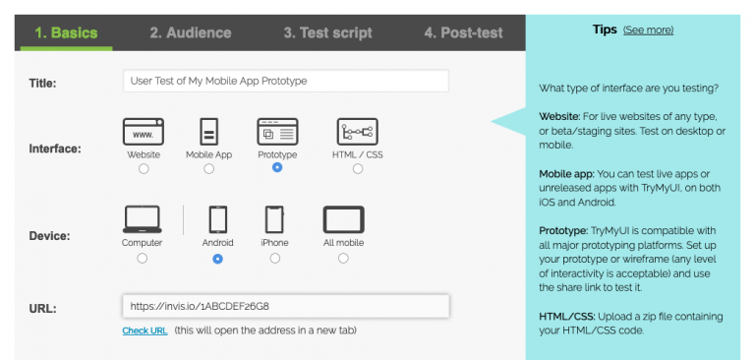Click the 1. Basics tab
click(66, 32)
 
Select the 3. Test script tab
click(327, 32)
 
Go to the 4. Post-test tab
click(463, 32)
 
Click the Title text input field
click(285, 81)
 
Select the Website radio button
click(144, 169)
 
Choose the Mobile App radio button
click(208, 169)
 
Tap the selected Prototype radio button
click(277, 168)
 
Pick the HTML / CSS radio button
click(357, 169)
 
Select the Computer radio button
click(143, 259)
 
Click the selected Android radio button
click(217, 259)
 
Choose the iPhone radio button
click(274, 259)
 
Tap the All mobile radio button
click(343, 259)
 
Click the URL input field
click(285, 306)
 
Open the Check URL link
click(145, 330)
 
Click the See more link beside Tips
click(648, 30)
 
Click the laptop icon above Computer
click(143, 219)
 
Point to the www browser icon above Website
click(144, 131)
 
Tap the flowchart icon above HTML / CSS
click(357, 131)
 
